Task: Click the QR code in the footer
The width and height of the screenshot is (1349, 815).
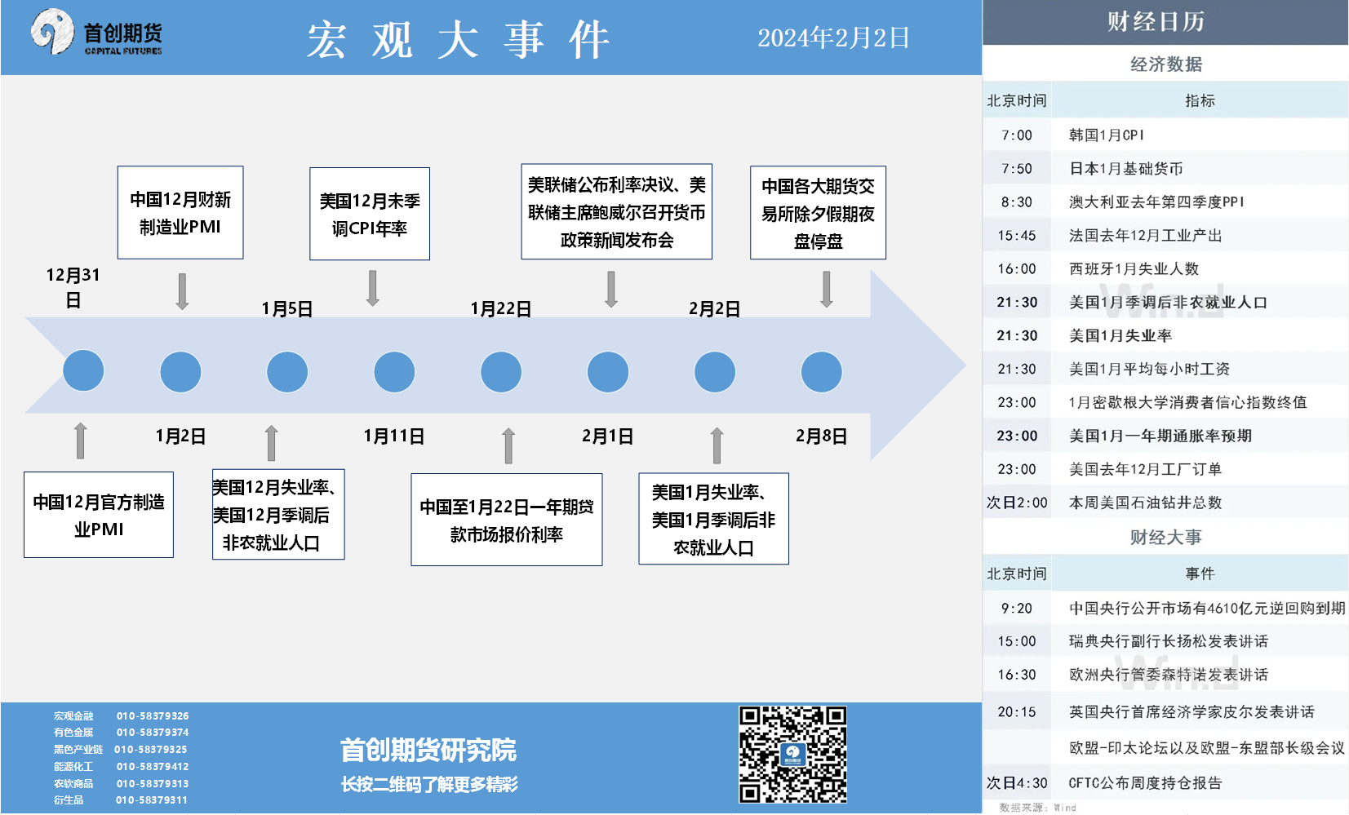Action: click(792, 754)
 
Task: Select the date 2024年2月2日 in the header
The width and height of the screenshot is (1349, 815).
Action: click(833, 38)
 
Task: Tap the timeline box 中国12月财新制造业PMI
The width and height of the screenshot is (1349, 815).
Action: click(180, 212)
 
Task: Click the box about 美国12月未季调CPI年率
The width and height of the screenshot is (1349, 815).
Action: click(369, 214)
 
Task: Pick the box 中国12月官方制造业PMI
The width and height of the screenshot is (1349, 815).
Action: click(99, 515)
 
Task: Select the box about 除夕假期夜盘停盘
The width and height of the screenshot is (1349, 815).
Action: click(818, 212)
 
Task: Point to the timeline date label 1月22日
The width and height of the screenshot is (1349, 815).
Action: click(500, 308)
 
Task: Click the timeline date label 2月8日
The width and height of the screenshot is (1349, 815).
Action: click(822, 436)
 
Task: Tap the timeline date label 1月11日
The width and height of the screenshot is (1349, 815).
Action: click(394, 436)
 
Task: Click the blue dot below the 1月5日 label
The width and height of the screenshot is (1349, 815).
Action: click(287, 372)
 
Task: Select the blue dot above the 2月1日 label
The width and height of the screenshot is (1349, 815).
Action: click(608, 372)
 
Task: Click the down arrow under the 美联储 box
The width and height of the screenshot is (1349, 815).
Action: click(611, 290)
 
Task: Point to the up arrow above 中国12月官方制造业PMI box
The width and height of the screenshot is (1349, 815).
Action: click(80, 441)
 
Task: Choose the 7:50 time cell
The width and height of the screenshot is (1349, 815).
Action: click(1017, 169)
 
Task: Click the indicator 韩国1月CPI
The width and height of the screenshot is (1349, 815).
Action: click(1107, 135)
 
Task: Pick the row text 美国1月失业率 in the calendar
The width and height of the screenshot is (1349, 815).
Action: click(1120, 335)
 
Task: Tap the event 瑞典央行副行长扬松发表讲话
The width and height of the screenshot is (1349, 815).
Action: click(1169, 641)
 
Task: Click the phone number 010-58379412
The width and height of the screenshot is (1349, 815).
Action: click(153, 766)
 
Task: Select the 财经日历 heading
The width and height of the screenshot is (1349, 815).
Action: click(1156, 22)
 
